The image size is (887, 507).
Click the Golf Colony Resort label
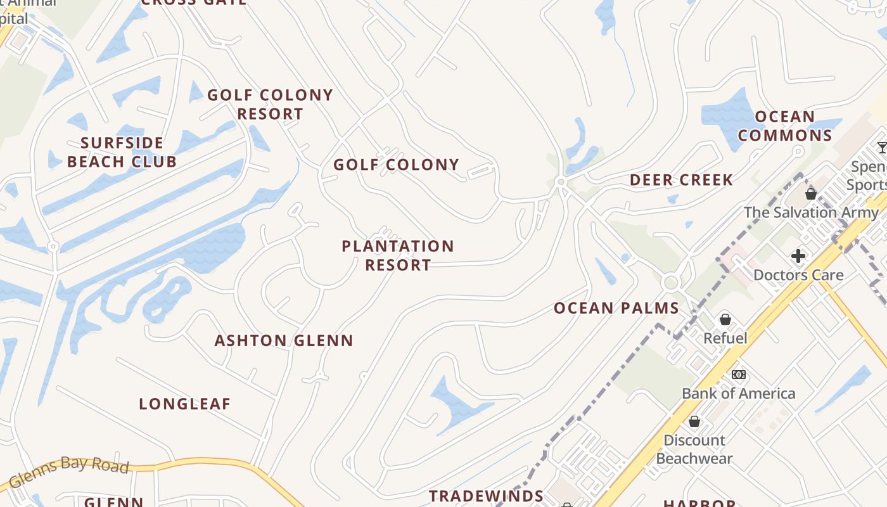(x=270, y=105)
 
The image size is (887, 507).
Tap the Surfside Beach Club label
(x=122, y=152)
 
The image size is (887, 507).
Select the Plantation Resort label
(x=398, y=255)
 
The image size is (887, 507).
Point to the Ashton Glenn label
(x=284, y=340)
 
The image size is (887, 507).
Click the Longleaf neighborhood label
(x=184, y=404)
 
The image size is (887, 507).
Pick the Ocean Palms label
(x=616, y=309)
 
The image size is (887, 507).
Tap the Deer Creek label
(x=681, y=180)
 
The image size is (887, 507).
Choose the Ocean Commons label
(x=785, y=126)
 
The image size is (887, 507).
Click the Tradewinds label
(x=486, y=496)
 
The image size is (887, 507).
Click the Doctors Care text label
(x=798, y=275)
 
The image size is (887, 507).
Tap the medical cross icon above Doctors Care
(x=798, y=256)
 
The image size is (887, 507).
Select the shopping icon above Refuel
(x=725, y=319)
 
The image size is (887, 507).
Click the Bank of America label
(x=738, y=394)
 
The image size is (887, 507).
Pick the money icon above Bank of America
(x=738, y=375)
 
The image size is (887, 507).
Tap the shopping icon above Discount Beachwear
(x=694, y=421)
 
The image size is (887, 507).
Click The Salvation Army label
(x=811, y=212)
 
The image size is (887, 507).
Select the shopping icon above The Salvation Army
(x=811, y=194)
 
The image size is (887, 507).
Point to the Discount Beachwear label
(x=694, y=449)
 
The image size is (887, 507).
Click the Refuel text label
(x=725, y=338)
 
